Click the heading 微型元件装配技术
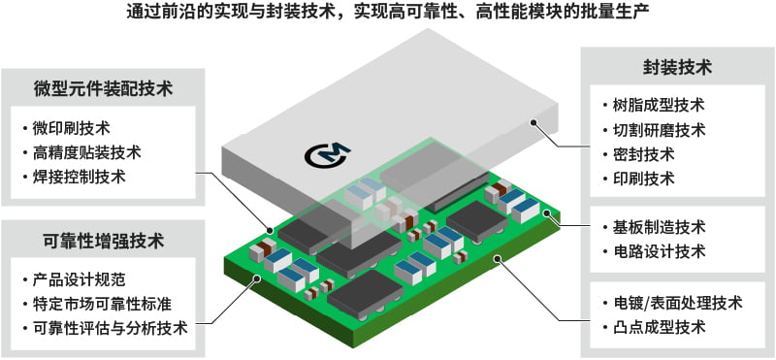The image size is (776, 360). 102,88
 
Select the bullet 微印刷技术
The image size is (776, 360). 72,128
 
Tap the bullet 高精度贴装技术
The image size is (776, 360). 87,152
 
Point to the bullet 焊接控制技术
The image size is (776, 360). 80,177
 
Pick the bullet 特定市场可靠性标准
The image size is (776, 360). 103,304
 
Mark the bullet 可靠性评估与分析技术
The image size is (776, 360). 111,328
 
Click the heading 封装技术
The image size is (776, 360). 676,67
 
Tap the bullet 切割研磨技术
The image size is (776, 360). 659,130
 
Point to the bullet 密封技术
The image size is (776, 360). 645,154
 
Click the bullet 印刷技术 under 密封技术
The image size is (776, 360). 645,179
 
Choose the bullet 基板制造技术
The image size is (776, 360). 659,228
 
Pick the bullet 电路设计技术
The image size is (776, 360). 659,252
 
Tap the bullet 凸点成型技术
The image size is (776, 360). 659,327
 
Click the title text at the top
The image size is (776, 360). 388,15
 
